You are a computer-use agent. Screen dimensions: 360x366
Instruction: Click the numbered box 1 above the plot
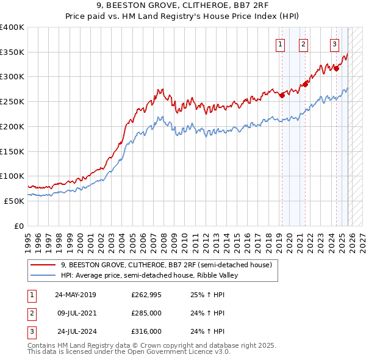pyautogui.click(x=280, y=43)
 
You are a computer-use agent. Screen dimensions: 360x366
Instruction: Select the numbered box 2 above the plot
pyautogui.click(x=303, y=43)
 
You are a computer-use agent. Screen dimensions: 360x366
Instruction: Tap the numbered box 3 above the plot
pyautogui.click(x=335, y=43)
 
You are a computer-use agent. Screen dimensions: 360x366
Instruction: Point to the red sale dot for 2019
pyautogui.click(x=282, y=95)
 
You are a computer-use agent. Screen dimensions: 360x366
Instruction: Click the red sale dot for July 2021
pyautogui.click(x=306, y=84)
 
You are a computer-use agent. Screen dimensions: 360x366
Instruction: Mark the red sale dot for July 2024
pyautogui.click(x=336, y=69)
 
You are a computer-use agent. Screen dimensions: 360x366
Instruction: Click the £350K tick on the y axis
pyautogui.click(x=12, y=52)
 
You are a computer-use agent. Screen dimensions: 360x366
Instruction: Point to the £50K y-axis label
pyautogui.click(x=15, y=201)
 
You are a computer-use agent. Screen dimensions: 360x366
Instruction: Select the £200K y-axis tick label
pyautogui.click(x=12, y=126)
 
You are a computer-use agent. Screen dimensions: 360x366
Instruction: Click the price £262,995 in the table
pyautogui.click(x=146, y=295)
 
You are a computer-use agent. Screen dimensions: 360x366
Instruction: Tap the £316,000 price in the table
pyautogui.click(x=146, y=331)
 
